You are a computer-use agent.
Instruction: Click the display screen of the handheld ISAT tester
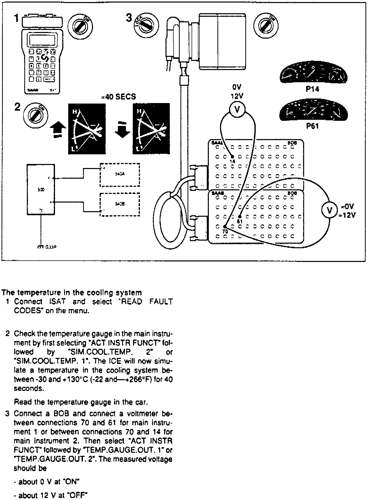tap(42, 39)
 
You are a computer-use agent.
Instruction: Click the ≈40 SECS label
tap(118, 97)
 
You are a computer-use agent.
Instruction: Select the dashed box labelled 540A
tap(120, 175)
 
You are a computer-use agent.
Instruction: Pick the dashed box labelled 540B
tap(120, 204)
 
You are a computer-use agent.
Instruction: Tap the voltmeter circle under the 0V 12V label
tap(237, 109)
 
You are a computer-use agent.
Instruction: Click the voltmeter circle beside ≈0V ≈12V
tap(329, 210)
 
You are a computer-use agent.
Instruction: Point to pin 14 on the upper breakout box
tap(232, 157)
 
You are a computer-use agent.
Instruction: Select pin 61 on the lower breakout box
tap(240, 217)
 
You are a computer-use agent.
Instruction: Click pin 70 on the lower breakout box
tap(225, 227)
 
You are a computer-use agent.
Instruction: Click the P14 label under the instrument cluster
tap(312, 89)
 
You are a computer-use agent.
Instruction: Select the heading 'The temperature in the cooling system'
tap(72, 293)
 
